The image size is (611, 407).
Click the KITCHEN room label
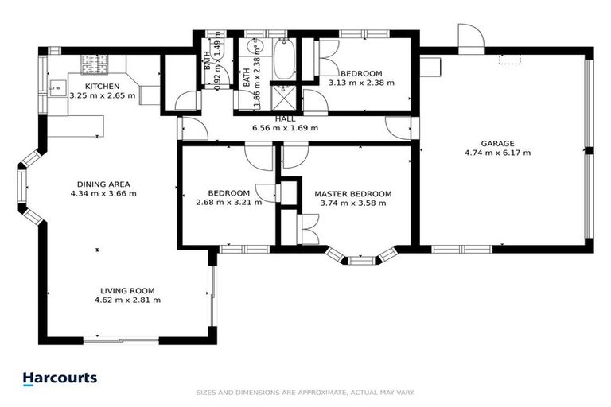pyautogui.click(x=103, y=86)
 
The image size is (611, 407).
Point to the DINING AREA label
pyautogui.click(x=103, y=183)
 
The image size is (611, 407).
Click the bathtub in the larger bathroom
pyautogui.click(x=283, y=60)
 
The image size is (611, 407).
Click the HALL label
pyautogui.click(x=285, y=118)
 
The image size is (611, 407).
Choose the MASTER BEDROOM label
pyautogui.click(x=352, y=193)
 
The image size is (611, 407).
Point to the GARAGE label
pyautogui.click(x=497, y=143)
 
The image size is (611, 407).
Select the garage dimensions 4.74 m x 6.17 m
pyautogui.click(x=497, y=153)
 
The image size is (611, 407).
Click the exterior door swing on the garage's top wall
pyautogui.click(x=469, y=37)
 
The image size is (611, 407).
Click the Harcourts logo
pyautogui.click(x=60, y=378)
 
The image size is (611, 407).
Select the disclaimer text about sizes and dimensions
pyautogui.click(x=305, y=393)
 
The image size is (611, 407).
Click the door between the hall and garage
pyautogui.click(x=398, y=127)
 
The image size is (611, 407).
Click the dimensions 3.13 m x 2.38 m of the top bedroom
pyautogui.click(x=361, y=81)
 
